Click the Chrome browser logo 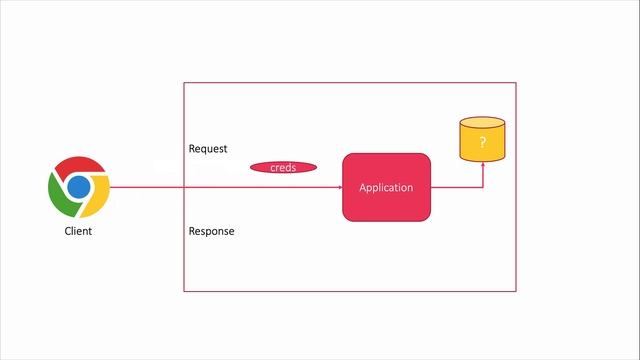coord(79,187)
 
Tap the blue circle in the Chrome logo coord(79,187)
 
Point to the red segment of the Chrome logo coord(79,166)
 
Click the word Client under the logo coord(78,231)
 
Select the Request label coord(208,149)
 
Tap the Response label coord(211,231)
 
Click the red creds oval coord(283,167)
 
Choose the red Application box coord(386,187)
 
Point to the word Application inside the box coord(386,187)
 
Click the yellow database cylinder coord(482,140)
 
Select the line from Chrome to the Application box coord(220,187)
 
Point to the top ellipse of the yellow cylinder coord(482,122)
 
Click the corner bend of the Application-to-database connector coord(482,187)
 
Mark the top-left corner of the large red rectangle coord(184,82)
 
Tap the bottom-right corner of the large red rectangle coord(516,291)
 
